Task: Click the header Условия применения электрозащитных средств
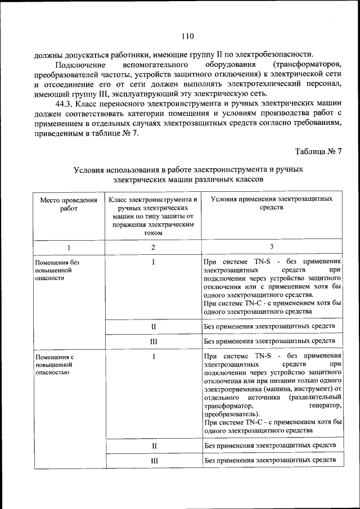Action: [271, 204]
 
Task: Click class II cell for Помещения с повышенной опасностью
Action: [153, 445]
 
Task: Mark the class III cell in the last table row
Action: [153, 461]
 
